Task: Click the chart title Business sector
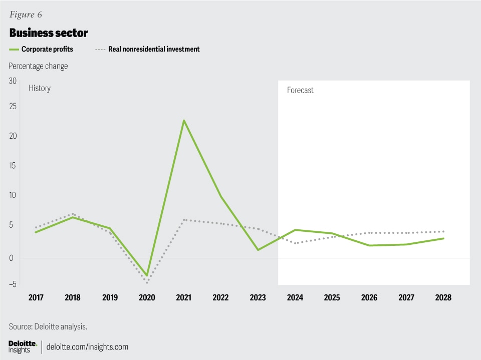49,33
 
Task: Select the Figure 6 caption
25,14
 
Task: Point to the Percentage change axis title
38,66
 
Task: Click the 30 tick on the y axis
13,81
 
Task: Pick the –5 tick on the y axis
12,284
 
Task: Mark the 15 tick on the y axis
13,165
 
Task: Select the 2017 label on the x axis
36,297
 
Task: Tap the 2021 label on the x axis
184,297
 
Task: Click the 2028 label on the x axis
443,297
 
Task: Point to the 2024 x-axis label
295,297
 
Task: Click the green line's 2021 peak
184,120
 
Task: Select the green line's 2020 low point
147,275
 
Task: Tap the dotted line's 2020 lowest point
147,283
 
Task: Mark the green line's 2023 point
258,250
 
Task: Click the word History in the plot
40,88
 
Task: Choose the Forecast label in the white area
300,91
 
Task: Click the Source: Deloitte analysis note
48,326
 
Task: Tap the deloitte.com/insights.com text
87,346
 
